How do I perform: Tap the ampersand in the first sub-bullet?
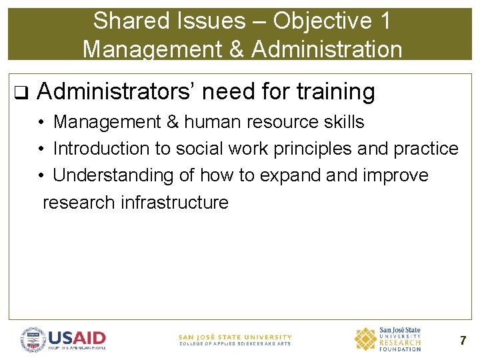[171, 122]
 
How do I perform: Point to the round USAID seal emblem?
[33, 339]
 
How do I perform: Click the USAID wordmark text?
[77, 337]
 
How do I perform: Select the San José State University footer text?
[235, 340]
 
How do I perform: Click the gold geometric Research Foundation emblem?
[365, 339]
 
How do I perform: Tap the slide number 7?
[463, 341]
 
